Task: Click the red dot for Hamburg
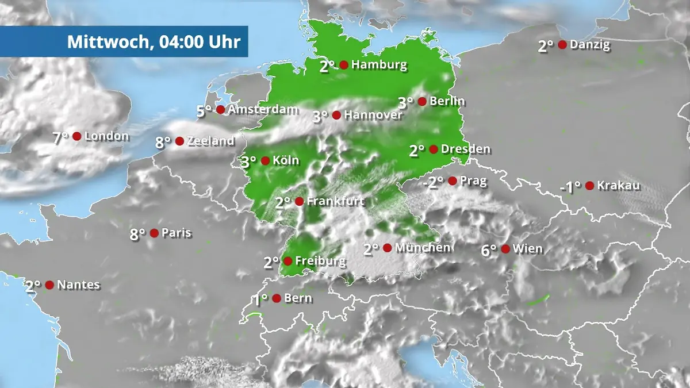click(x=344, y=65)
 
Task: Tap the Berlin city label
click(x=447, y=102)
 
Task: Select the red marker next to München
click(x=388, y=248)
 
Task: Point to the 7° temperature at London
click(x=60, y=137)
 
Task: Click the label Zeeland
click(x=211, y=141)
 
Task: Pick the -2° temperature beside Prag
click(x=433, y=182)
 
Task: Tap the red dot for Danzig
click(x=562, y=45)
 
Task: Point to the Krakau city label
click(x=618, y=186)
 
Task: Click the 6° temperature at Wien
click(x=489, y=250)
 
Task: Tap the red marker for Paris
click(x=154, y=233)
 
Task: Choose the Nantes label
click(x=78, y=285)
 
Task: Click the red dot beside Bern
click(x=277, y=298)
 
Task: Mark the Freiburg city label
click(x=320, y=262)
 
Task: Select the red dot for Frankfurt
click(x=299, y=201)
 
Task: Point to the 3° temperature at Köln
click(x=248, y=162)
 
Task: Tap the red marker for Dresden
click(x=434, y=149)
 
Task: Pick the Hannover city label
click(x=373, y=115)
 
